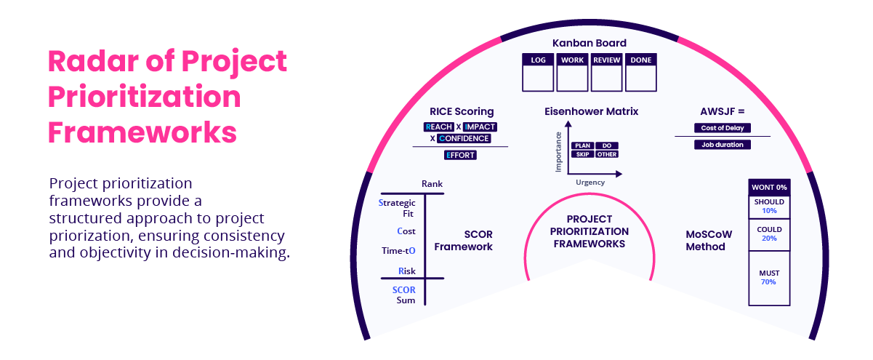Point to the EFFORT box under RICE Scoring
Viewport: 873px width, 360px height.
(460, 155)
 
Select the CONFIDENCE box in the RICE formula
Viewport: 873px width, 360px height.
(464, 138)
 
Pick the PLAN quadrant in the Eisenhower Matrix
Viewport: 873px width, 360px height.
(583, 145)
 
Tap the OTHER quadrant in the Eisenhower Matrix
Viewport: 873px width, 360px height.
(607, 154)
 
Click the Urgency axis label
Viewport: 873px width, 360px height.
(591, 183)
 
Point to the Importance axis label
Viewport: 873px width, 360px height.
(559, 151)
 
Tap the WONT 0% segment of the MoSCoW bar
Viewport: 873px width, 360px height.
(768, 188)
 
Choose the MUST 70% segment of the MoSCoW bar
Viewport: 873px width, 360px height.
(768, 277)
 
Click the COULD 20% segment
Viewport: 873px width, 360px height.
(768, 233)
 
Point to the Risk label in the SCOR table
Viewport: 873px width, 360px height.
(406, 271)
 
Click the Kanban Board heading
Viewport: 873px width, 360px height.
(590, 43)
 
